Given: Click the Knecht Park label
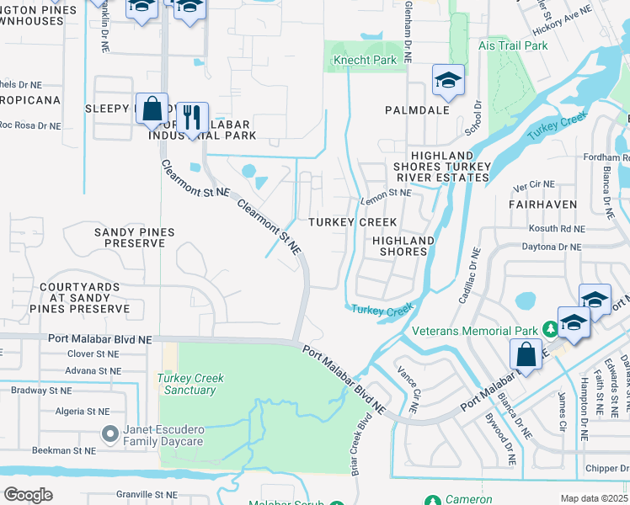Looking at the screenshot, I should pos(364,61).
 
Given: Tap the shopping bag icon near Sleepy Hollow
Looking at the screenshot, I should pos(152,109).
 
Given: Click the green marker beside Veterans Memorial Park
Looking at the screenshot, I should pos(549,327).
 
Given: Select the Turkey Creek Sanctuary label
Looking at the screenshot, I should pos(192,384).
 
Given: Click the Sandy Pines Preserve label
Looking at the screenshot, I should pos(128,237).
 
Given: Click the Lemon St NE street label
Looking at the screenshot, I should pos(386,194).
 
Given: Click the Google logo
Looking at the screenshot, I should pos(28,494).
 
